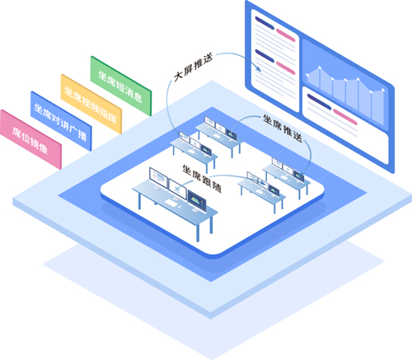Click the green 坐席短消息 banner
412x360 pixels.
pyautogui.click(x=121, y=86)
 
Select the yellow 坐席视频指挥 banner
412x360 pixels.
pyautogui.click(x=91, y=104)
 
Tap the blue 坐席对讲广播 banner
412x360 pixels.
pyautogui.click(x=61, y=121)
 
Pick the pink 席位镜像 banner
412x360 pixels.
pyautogui.click(x=30, y=139)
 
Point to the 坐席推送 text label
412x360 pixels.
pyautogui.click(x=283, y=129)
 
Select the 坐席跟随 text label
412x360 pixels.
pyautogui.click(x=202, y=179)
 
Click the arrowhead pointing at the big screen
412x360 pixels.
pyautogui.click(x=258, y=68)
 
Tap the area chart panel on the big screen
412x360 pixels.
pyautogui.click(x=345, y=85)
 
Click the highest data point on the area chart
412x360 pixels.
pyautogui.click(x=320, y=67)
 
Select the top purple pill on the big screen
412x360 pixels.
pyautogui.click(x=265, y=23)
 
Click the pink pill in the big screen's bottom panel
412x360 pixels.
pyautogui.click(x=345, y=117)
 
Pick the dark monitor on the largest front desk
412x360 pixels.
pyautogui.click(x=197, y=202)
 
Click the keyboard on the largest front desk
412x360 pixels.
pyautogui.click(x=171, y=203)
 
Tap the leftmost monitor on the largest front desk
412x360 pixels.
pyautogui.click(x=158, y=178)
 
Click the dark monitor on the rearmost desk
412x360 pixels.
pyautogui.click(x=232, y=134)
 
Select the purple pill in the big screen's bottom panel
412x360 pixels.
pyautogui.click(x=319, y=101)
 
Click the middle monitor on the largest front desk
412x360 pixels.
pyautogui.click(x=177, y=189)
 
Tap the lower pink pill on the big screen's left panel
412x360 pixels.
pyautogui.click(x=285, y=68)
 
